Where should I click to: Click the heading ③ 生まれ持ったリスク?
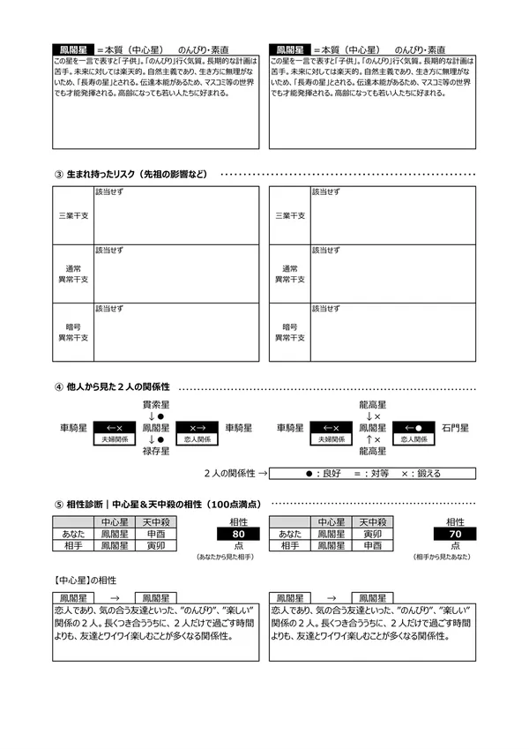point(131,174)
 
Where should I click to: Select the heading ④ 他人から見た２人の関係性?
point(113,387)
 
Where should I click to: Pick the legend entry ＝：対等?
point(374,474)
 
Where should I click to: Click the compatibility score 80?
point(237,534)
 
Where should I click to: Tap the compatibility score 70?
point(455,534)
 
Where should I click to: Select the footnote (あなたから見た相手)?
point(228,558)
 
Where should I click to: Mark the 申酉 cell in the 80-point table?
point(156,534)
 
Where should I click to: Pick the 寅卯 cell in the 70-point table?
point(373,534)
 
